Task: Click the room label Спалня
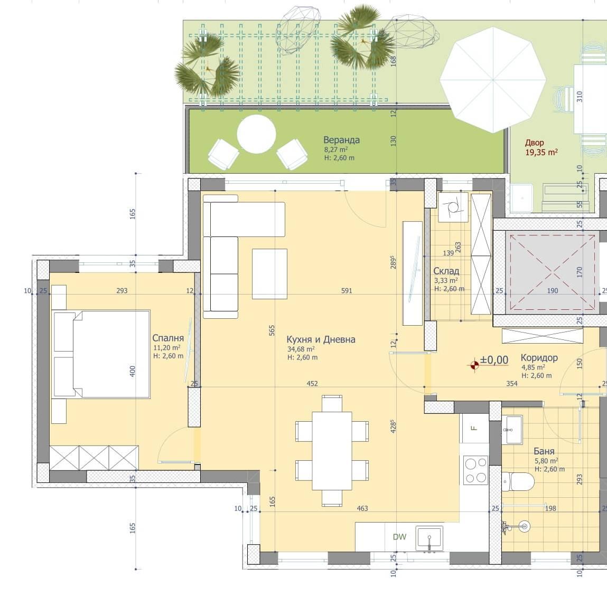tap(167, 338)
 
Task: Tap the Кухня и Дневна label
tap(321, 339)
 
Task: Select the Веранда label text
tap(341, 140)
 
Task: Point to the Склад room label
tap(446, 271)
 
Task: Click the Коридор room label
tap(539, 358)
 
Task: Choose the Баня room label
tap(544, 451)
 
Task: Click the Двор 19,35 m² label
tap(541, 147)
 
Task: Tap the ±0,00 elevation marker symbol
tap(474, 365)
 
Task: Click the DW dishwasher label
tap(399, 537)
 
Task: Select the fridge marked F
tap(474, 428)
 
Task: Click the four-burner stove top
tap(475, 470)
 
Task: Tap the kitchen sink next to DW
tap(429, 538)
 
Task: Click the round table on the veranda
tap(256, 134)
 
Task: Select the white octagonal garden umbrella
tap(493, 80)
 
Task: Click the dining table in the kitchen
tap(332, 451)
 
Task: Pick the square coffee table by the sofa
tap(269, 274)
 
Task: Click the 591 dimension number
tap(347, 290)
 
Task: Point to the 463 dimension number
tap(362, 508)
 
